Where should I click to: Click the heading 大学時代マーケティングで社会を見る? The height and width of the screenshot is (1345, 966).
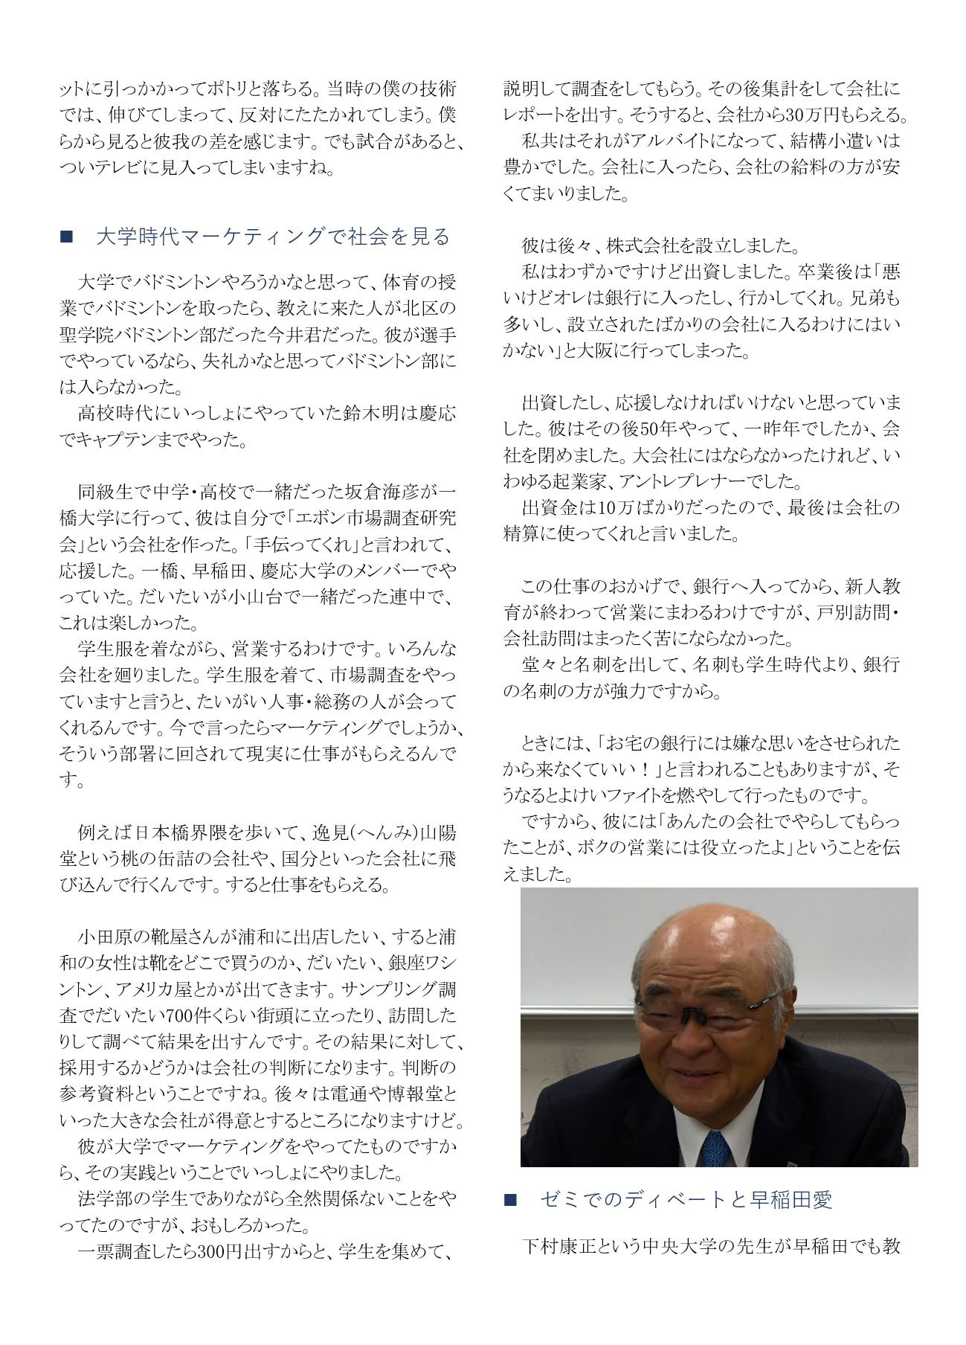(273, 237)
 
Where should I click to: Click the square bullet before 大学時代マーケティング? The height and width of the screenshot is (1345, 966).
(65, 237)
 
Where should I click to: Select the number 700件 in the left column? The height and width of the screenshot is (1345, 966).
(197, 1015)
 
